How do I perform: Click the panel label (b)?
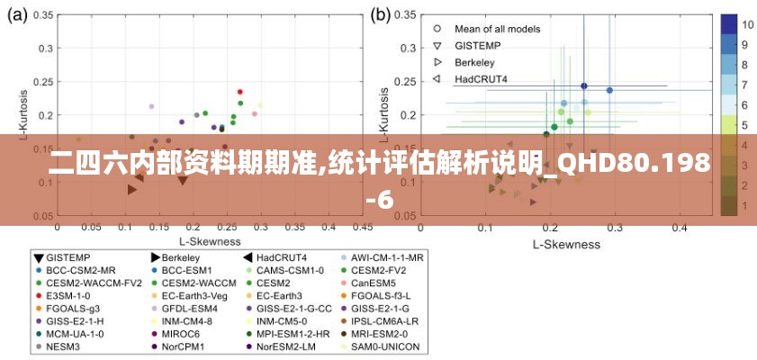click(x=382, y=14)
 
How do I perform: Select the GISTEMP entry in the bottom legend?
click(x=68, y=256)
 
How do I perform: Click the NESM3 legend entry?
click(x=63, y=346)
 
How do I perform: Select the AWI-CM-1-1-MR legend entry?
click(x=387, y=256)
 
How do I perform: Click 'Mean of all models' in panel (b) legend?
click(x=498, y=29)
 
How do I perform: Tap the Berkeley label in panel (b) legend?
click(x=474, y=62)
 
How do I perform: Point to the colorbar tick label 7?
click(x=745, y=85)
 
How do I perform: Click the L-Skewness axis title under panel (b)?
click(x=566, y=244)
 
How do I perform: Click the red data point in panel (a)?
click(x=240, y=92)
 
